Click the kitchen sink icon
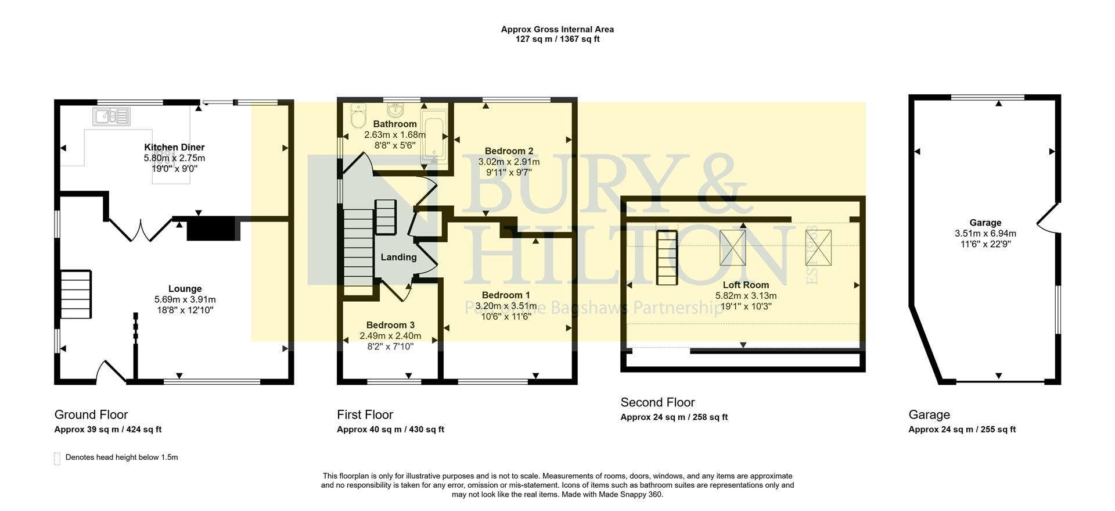tap(111, 116)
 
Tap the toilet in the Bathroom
tap(358, 116)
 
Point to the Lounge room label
tap(185, 289)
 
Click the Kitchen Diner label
tap(174, 148)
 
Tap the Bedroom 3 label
tap(390, 326)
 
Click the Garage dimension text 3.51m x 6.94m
tap(985, 234)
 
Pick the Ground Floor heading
tap(91, 415)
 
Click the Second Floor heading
tap(657, 403)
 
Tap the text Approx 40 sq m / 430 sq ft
tap(390, 430)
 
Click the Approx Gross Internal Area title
tap(557, 29)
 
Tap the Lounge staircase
tap(75, 294)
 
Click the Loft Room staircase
tap(667, 258)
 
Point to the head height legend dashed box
tap(57, 459)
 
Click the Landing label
tap(398, 258)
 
